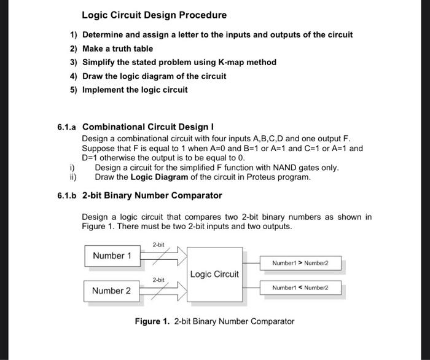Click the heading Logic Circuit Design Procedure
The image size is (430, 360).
click(154, 15)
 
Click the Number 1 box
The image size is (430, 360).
click(112, 256)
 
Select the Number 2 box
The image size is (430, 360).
click(112, 291)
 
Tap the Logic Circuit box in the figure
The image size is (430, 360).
click(214, 274)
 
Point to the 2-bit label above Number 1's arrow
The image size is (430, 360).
click(158, 245)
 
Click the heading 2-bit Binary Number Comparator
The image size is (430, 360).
click(152, 195)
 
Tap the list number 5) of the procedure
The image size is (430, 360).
click(73, 90)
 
